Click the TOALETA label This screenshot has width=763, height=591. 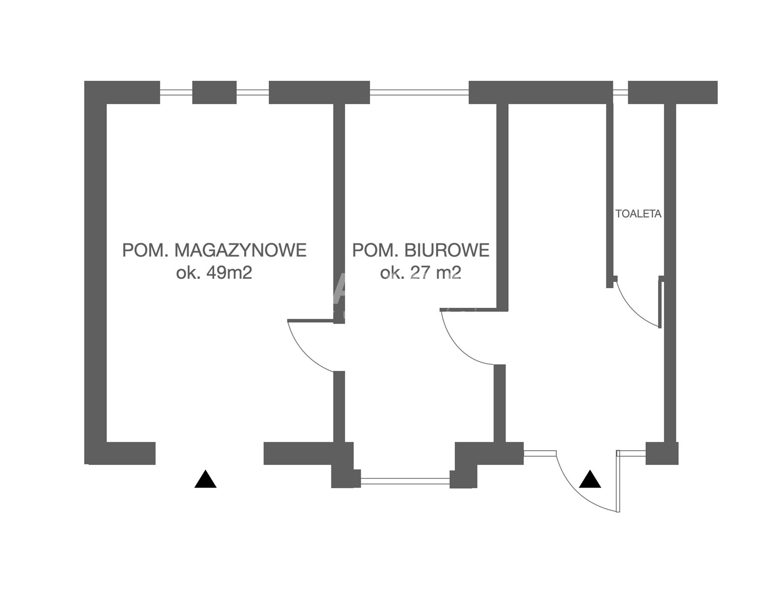(x=638, y=214)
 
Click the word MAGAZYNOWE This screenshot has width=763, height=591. (x=241, y=250)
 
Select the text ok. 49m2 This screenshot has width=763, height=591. (x=214, y=272)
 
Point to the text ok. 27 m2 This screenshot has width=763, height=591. (x=420, y=272)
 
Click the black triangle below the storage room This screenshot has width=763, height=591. (x=205, y=480)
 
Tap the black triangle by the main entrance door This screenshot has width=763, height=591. (x=590, y=479)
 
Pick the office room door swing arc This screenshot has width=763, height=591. (x=460, y=347)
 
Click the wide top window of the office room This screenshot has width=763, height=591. (x=419, y=92)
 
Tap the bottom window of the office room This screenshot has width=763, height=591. (x=406, y=478)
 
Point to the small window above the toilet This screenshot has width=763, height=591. (x=620, y=92)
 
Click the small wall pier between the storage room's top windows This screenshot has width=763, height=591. (x=214, y=92)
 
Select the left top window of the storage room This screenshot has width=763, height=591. (x=176, y=92)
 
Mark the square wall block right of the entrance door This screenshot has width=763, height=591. (x=662, y=453)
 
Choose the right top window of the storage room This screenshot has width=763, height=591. (x=253, y=92)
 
